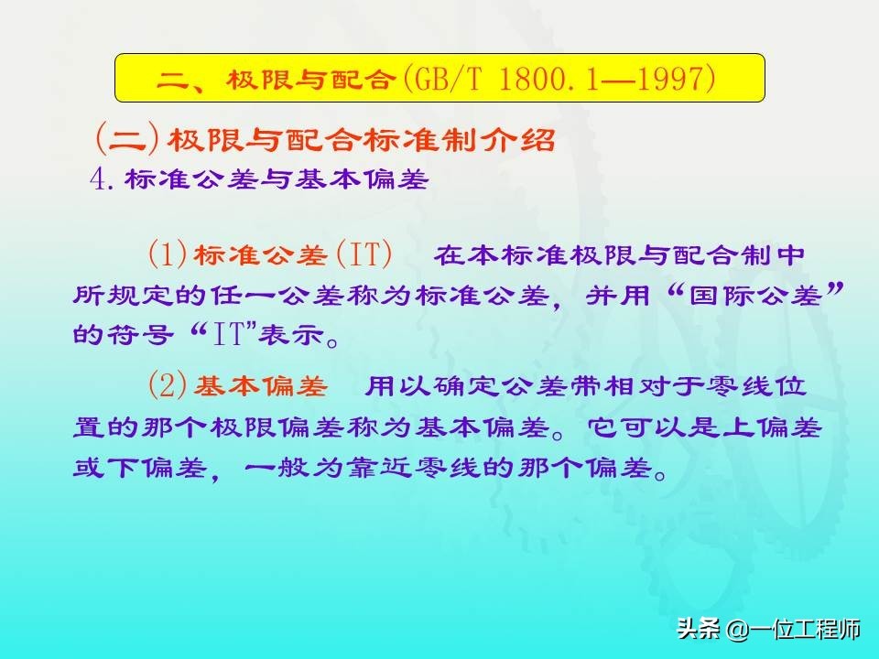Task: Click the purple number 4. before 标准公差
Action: pos(102,179)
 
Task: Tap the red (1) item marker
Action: pos(167,254)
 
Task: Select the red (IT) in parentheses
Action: pos(364,254)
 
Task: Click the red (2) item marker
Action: pos(167,385)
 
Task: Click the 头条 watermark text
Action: pos(699,628)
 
